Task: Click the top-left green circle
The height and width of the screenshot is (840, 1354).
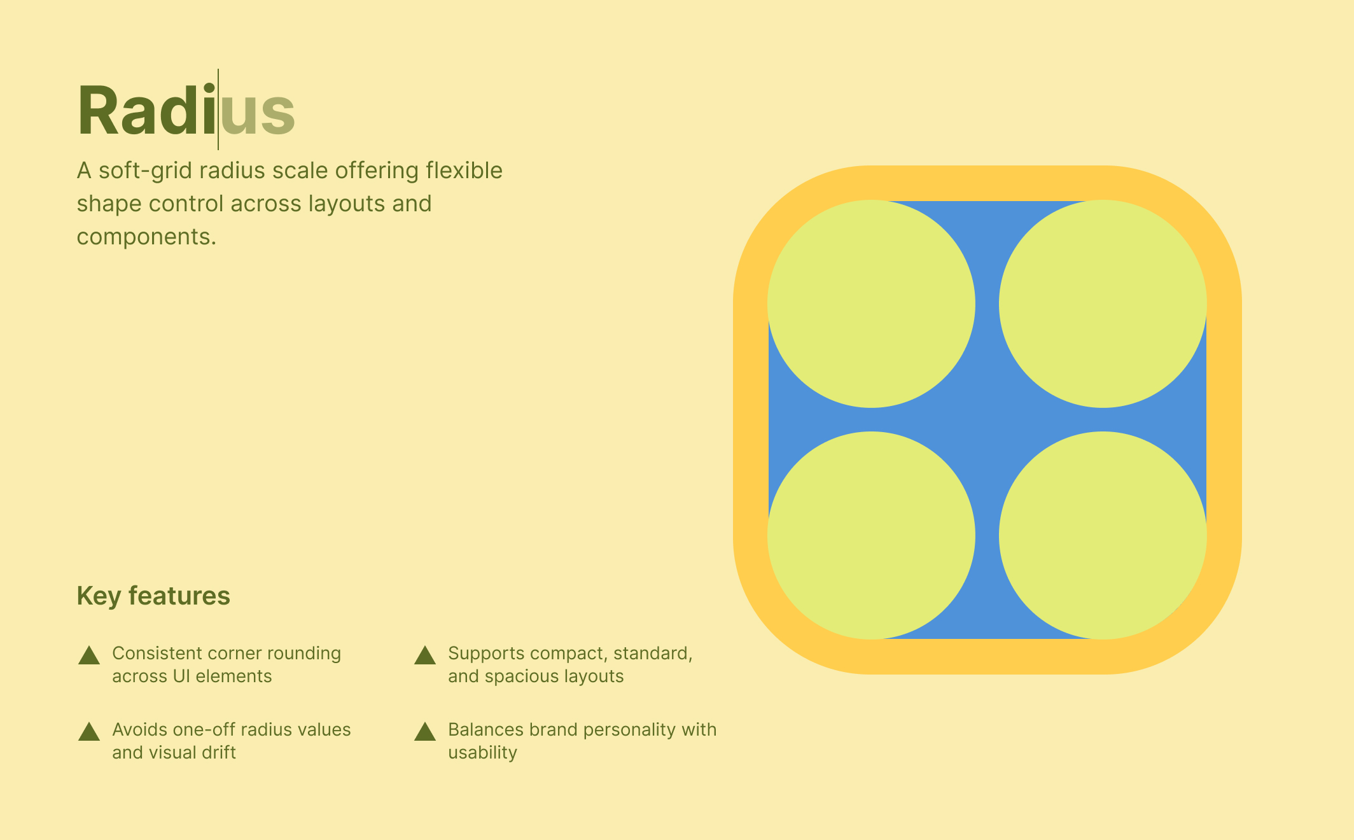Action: [871, 304]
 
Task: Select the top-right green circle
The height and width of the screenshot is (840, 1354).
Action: [1103, 304]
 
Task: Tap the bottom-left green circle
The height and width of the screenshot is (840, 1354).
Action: [871, 535]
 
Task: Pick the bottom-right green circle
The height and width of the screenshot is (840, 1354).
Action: [1103, 535]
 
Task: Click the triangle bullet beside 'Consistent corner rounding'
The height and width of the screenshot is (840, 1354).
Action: [89, 655]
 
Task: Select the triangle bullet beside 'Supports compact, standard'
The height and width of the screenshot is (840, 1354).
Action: [425, 655]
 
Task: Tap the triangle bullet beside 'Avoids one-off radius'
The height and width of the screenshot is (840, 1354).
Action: [89, 732]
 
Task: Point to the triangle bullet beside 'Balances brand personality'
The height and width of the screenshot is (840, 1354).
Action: [425, 732]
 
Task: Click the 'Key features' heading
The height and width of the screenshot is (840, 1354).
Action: [153, 596]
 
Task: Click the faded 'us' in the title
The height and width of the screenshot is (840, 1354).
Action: [258, 112]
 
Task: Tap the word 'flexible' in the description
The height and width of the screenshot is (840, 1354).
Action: [464, 171]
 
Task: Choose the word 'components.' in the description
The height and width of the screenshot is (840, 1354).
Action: [146, 237]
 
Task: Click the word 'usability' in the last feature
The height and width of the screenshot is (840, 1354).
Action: [482, 752]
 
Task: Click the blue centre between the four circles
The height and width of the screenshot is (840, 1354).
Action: [987, 419]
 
